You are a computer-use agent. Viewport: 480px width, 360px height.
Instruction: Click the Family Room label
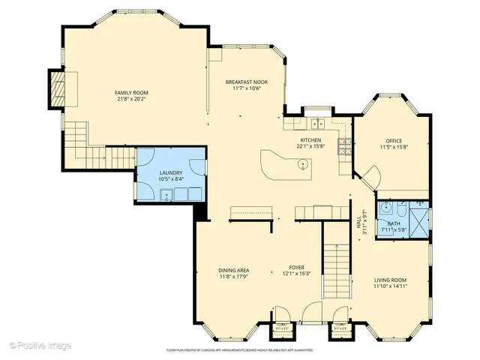point(131,92)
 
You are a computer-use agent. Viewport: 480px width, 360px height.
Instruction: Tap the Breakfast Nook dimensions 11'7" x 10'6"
point(247,88)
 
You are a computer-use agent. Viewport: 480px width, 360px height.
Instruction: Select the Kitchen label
point(310,140)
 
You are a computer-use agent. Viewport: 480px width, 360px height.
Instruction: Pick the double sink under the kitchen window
point(317,123)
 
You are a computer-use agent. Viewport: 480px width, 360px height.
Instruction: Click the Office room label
point(394,140)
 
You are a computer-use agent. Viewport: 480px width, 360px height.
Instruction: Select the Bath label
point(394,223)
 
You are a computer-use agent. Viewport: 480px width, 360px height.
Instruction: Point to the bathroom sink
point(386,207)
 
